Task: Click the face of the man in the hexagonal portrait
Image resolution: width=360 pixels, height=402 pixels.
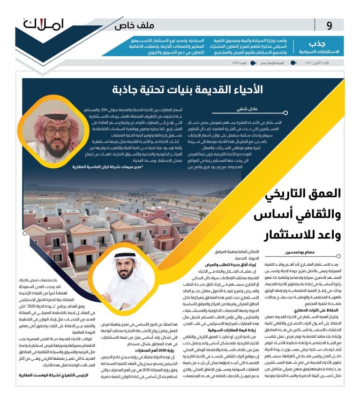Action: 60,137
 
